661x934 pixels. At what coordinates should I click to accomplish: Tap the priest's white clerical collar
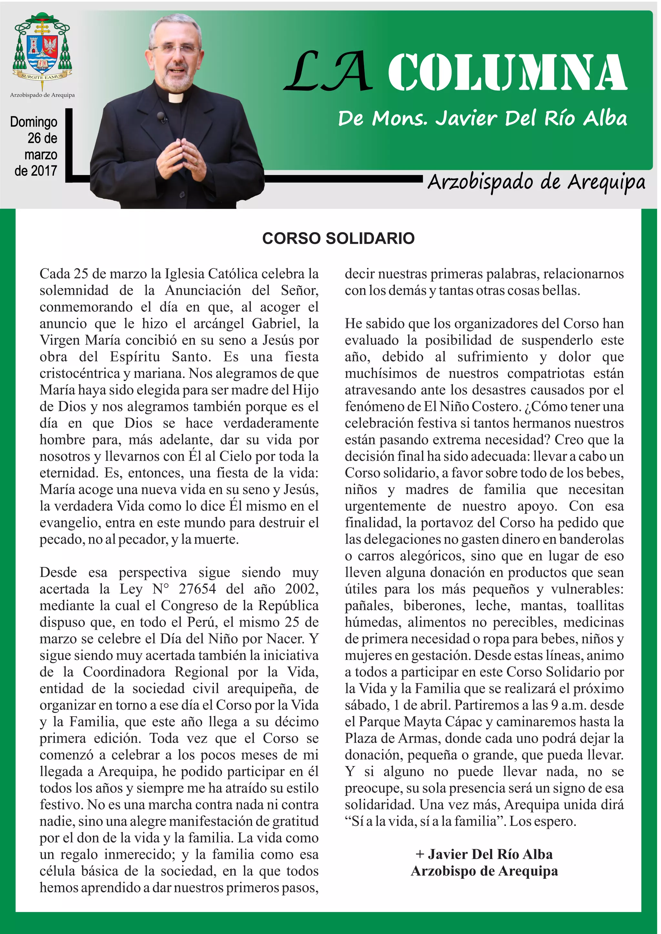(x=176, y=98)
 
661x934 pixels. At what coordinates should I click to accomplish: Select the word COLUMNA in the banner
(x=507, y=73)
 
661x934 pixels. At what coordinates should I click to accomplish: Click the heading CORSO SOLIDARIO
(x=338, y=238)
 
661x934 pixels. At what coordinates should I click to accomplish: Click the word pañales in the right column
(x=368, y=606)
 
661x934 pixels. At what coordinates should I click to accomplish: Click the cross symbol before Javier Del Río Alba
(x=420, y=854)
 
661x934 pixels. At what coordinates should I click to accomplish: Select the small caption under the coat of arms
(x=42, y=95)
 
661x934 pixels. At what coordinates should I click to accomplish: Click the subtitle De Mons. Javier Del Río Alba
(x=482, y=118)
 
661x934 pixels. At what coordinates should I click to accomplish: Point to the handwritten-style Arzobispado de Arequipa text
(x=536, y=182)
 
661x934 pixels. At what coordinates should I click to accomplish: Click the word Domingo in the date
(x=34, y=122)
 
